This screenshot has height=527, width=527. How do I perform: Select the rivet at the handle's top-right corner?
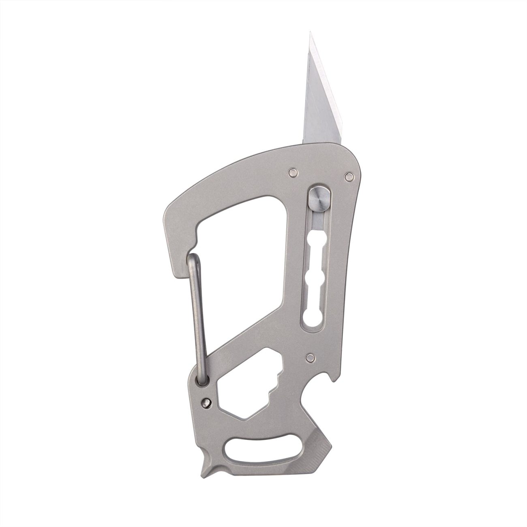click(x=347, y=176)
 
